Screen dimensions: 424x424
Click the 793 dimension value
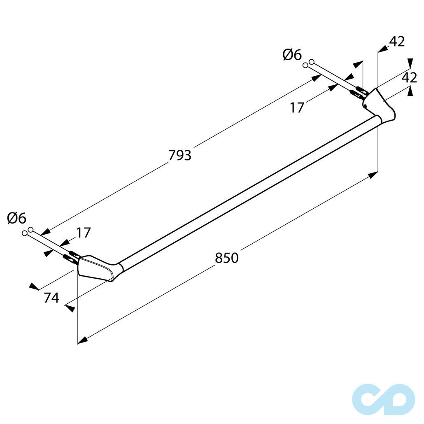pyautogui.click(x=180, y=155)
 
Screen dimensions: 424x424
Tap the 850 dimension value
pyautogui.click(x=227, y=258)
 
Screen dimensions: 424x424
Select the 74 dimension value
pyautogui.click(x=51, y=298)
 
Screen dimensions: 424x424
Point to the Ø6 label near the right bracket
pyautogui.click(x=292, y=55)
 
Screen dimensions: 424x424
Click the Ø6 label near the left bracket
pyautogui.click(x=16, y=218)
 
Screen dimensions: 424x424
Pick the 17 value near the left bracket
pyautogui.click(x=83, y=233)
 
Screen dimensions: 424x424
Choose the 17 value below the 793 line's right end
pyautogui.click(x=297, y=107)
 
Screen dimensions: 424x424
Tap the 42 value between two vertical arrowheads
pyautogui.click(x=409, y=77)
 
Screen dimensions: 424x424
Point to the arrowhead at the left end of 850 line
pyautogui.click(x=82, y=340)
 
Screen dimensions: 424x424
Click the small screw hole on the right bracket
pyautogui.click(x=365, y=105)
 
